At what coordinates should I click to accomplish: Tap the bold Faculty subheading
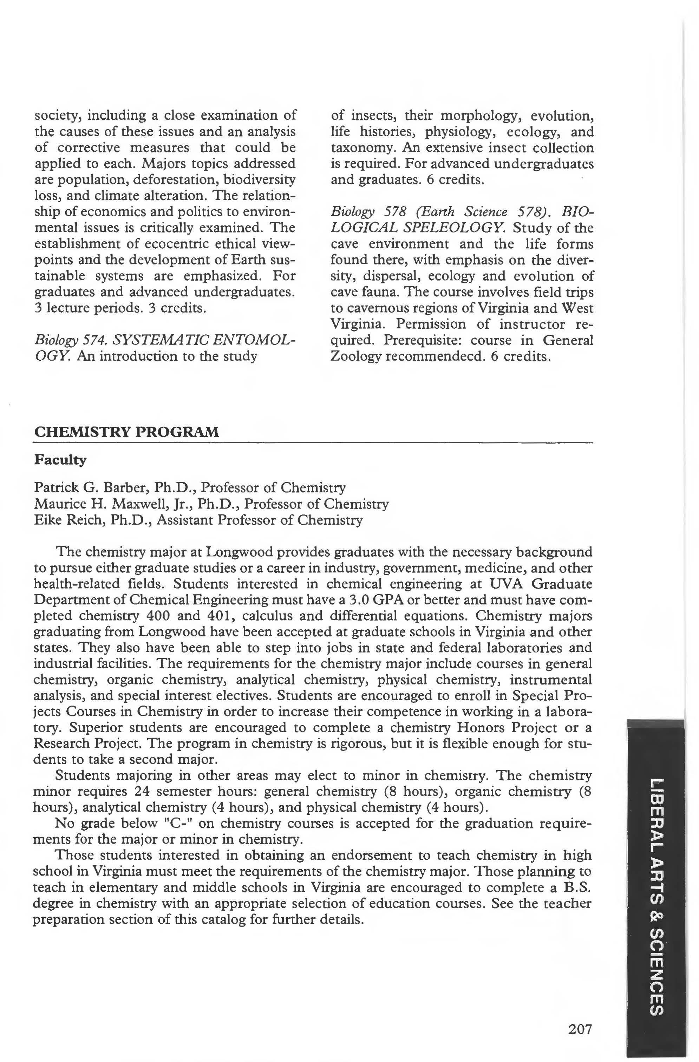pos(60,460)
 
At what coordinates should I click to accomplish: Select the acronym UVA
pos(506,584)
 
